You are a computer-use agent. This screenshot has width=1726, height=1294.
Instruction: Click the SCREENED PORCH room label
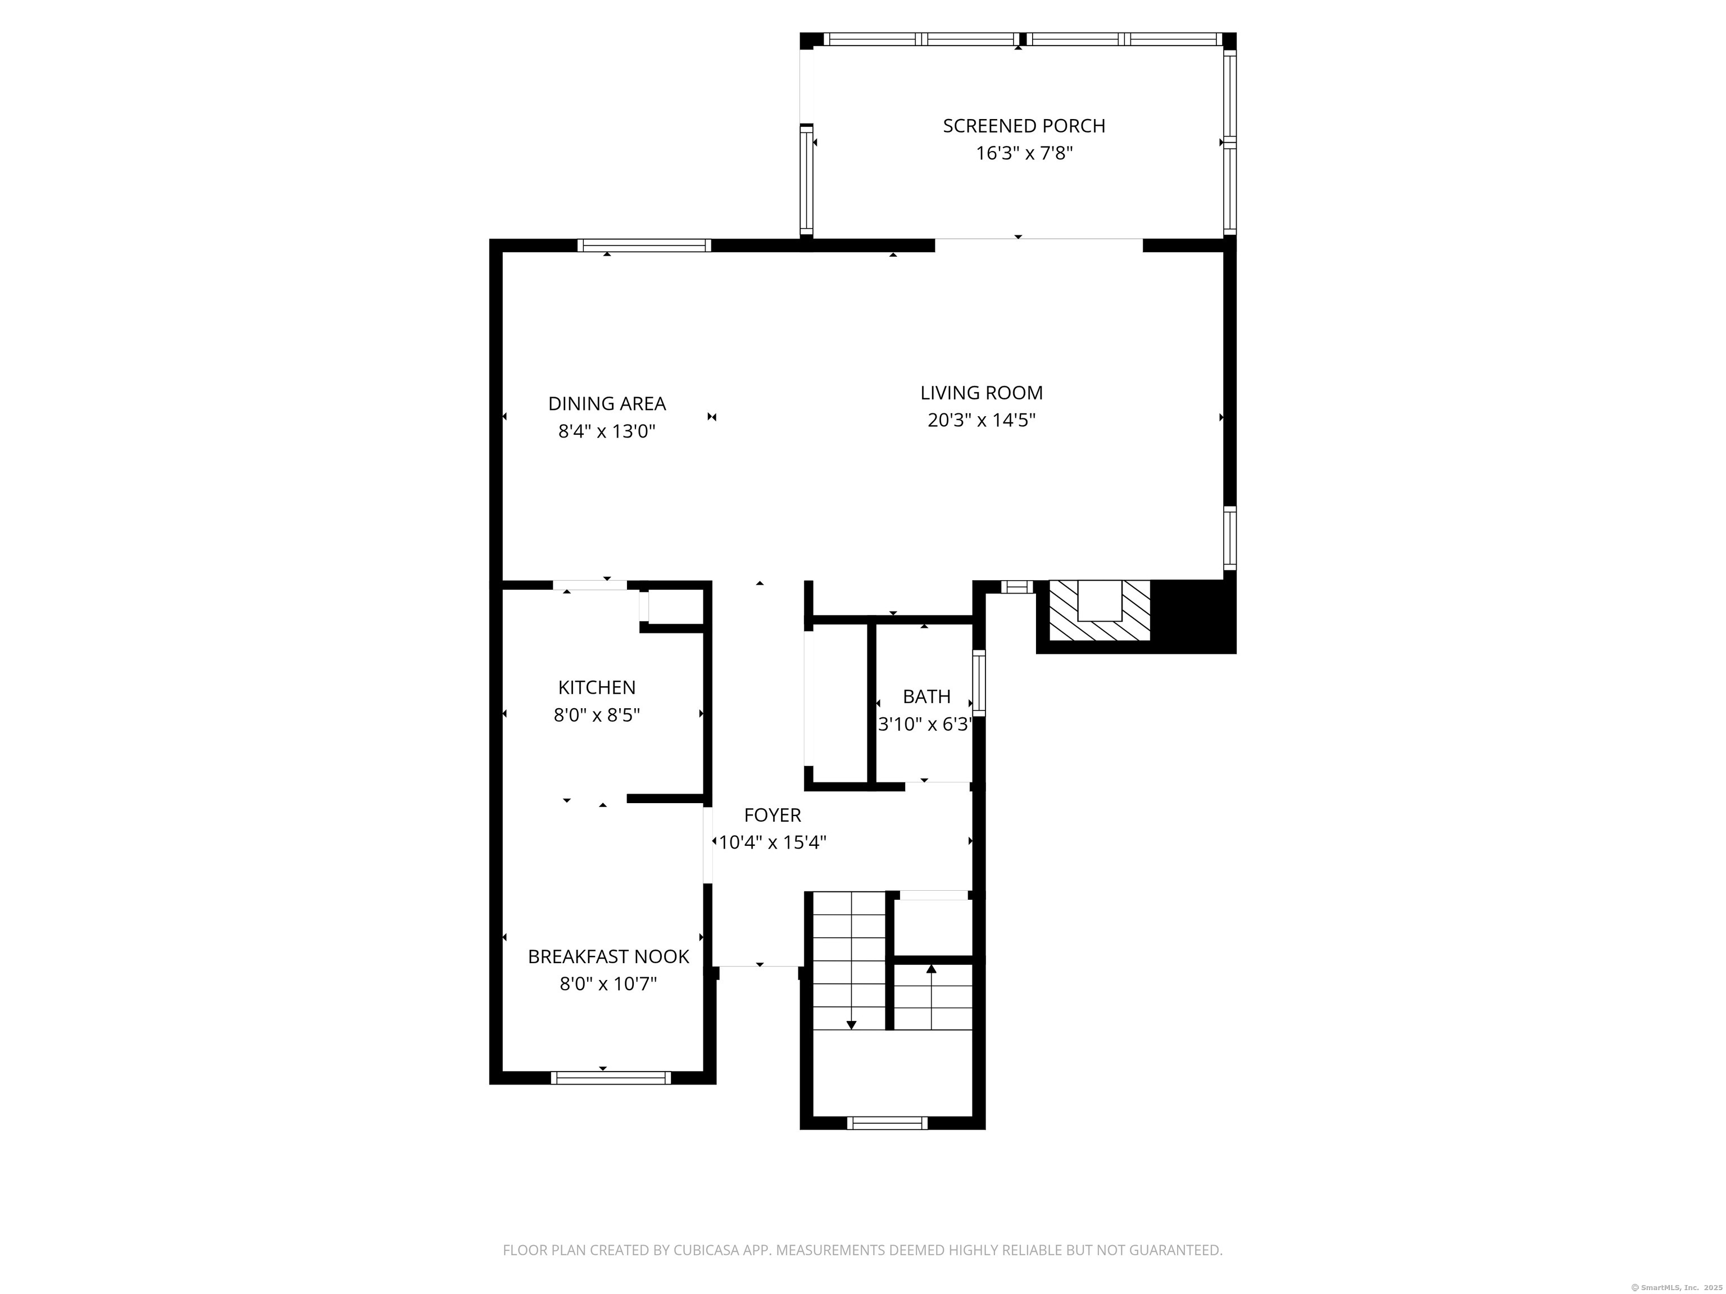(x=1024, y=126)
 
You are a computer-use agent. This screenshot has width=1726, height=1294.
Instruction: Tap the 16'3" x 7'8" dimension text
(x=1024, y=153)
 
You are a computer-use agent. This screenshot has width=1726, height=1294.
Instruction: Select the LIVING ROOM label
(x=982, y=393)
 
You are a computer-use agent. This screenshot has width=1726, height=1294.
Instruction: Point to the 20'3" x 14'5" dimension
(x=982, y=421)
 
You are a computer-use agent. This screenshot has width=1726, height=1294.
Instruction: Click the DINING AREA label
(x=607, y=404)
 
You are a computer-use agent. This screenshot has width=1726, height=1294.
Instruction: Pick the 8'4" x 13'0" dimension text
(x=607, y=431)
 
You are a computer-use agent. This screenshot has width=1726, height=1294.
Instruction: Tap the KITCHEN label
(x=597, y=688)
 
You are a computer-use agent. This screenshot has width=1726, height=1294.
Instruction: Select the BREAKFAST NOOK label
(x=608, y=957)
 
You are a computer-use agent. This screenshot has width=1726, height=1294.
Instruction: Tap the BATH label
(x=927, y=696)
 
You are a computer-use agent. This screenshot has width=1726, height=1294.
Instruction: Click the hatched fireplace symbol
(x=1100, y=610)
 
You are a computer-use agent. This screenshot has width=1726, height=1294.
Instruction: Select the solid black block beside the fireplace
(x=1193, y=616)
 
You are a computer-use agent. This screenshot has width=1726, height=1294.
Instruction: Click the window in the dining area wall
(x=644, y=245)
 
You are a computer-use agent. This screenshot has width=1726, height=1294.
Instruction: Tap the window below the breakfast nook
(x=611, y=1078)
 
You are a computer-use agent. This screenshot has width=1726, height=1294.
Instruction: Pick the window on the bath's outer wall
(x=979, y=684)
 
